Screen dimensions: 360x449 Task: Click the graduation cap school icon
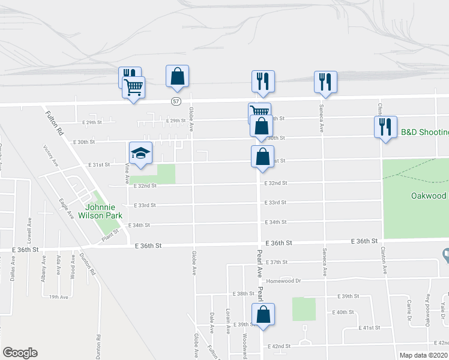pyautogui.click(x=140, y=153)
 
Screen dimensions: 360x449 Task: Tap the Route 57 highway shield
pyautogui.click(x=175, y=101)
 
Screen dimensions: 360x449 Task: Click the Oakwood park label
pyautogui.click(x=429, y=196)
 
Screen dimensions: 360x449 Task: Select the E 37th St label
pyautogui.click(x=277, y=262)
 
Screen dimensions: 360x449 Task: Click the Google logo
pyautogui.click(x=19, y=353)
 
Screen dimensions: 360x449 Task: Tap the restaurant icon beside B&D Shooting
pyautogui.click(x=385, y=127)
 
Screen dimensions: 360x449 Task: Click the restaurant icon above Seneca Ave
pyautogui.click(x=325, y=82)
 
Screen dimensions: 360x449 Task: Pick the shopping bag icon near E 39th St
pyautogui.click(x=263, y=314)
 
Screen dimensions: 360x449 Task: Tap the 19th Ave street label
pyautogui.click(x=58, y=296)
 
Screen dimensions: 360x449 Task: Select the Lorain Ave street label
pyautogui.click(x=228, y=322)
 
